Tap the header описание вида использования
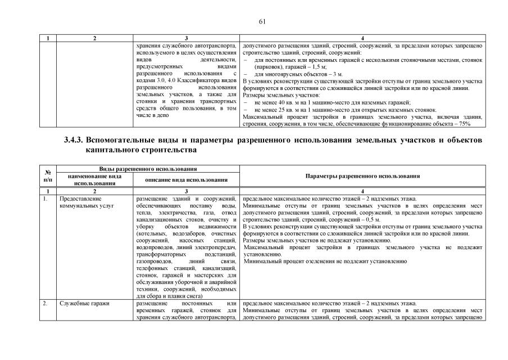pyautogui.click(x=186, y=179)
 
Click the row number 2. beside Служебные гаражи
pyautogui.click(x=45, y=303)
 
